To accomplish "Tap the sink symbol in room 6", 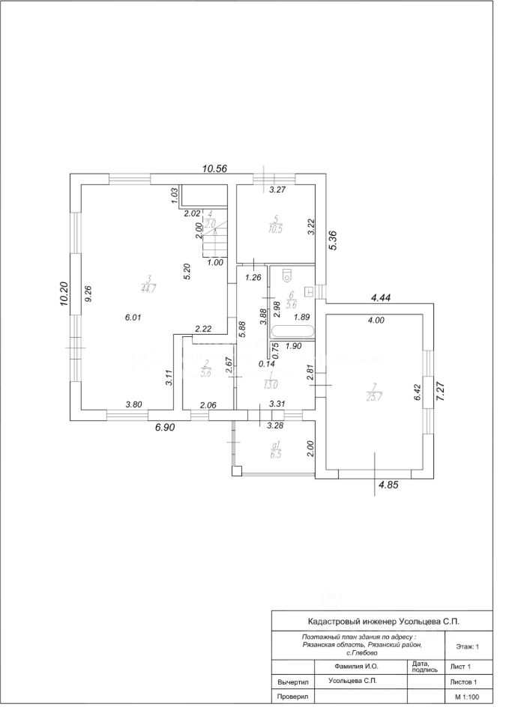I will [309, 290].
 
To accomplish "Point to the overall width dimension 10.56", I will [215, 169].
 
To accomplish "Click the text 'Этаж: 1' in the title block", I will [466, 645].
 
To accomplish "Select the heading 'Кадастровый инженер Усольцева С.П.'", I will [384, 621].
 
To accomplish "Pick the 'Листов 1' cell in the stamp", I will [463, 682].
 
